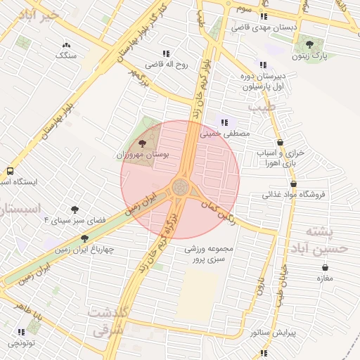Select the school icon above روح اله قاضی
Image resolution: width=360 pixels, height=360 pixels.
[166, 53]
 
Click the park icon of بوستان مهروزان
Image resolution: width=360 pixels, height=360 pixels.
[143, 143]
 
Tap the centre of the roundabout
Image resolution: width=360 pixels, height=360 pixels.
[180, 188]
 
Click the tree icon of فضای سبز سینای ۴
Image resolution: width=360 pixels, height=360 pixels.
[75, 209]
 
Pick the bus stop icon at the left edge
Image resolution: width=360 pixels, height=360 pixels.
[10, 171]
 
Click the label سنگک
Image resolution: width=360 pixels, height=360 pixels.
[66, 55]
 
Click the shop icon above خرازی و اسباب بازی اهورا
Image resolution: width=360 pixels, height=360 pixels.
[280, 142]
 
